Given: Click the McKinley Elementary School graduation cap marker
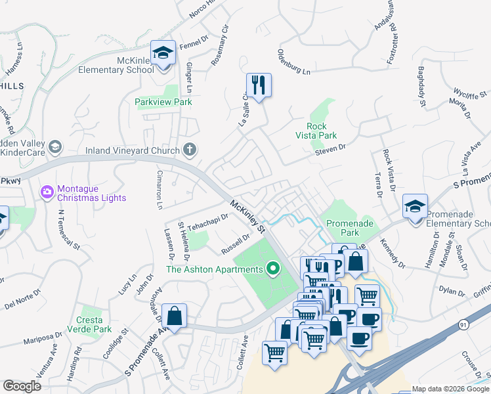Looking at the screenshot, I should click(162, 53).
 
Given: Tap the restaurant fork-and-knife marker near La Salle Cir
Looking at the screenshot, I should click(259, 85).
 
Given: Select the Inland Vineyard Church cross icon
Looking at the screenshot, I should click(190, 150).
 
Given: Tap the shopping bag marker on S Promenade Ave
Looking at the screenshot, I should click(175, 316).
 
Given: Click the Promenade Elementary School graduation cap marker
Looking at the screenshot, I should click(415, 207).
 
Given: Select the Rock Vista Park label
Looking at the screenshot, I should click(322, 131).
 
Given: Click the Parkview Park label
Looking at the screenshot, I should click(163, 102).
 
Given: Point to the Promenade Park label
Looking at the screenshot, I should click(351, 228).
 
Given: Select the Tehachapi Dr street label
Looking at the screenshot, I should click(207, 222).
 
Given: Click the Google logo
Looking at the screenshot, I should click(22, 385).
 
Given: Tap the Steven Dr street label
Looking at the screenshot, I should click(329, 150).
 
